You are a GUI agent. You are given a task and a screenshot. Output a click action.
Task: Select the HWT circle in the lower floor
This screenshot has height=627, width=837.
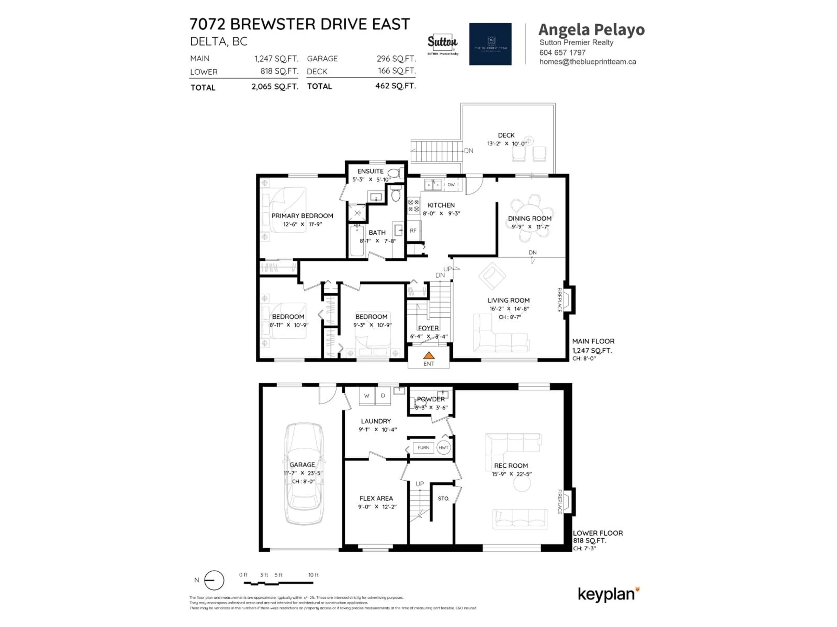pyautogui.click(x=444, y=447)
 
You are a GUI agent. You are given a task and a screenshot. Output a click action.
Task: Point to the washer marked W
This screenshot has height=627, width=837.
pyautogui.click(x=366, y=396)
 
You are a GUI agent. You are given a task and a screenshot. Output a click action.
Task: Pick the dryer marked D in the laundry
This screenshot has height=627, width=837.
pyautogui.click(x=383, y=396)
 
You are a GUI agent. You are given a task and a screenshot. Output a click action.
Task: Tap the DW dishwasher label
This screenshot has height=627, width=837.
pyautogui.click(x=451, y=185)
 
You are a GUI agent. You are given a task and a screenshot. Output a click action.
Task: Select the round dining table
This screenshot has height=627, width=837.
pyautogui.click(x=532, y=218)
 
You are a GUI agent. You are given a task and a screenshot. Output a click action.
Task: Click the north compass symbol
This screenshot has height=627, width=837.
pyautogui.click(x=214, y=580)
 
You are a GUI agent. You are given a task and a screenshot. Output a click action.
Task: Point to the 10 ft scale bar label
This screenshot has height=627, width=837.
pyautogui.click(x=313, y=575)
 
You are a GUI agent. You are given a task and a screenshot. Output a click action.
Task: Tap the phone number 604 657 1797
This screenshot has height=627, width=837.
pyautogui.click(x=562, y=52)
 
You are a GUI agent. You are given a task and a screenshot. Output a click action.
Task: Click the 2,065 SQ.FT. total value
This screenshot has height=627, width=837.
pyautogui.click(x=275, y=87)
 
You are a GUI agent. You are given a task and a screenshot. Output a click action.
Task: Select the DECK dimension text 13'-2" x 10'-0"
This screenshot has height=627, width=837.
pyautogui.click(x=506, y=144)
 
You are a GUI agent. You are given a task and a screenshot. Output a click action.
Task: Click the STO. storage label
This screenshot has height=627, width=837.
pyautogui.click(x=444, y=499)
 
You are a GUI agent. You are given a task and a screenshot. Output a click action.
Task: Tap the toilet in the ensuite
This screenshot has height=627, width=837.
pyautogui.click(x=395, y=174)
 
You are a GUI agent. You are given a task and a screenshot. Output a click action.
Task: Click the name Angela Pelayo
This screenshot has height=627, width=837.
pyautogui.click(x=591, y=30)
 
